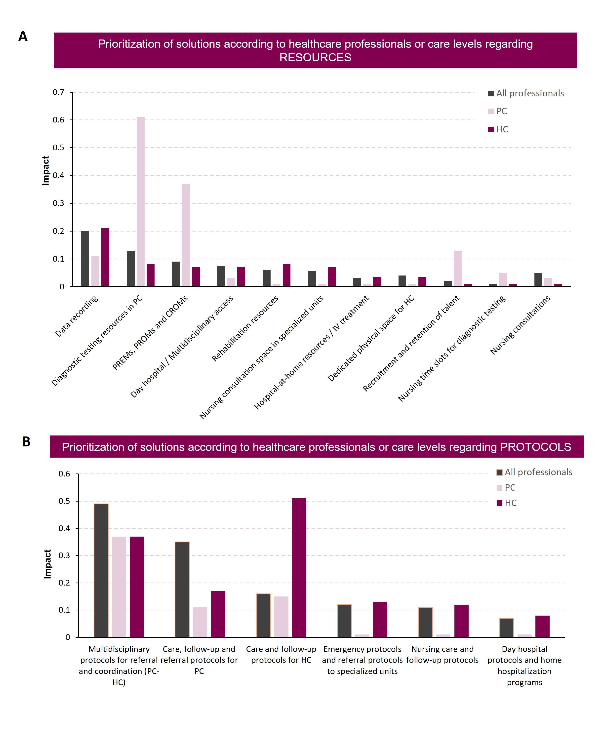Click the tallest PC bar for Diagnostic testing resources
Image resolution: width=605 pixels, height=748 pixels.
point(140,202)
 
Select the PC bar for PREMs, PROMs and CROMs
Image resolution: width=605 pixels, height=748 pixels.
point(186,235)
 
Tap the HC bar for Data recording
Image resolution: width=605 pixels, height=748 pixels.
point(105,257)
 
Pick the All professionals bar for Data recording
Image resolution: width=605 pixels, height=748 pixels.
point(85,259)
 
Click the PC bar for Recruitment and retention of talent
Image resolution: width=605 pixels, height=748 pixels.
point(458,269)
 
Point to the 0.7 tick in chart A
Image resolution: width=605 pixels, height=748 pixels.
point(59,92)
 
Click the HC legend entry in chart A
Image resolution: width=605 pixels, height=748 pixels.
point(498,129)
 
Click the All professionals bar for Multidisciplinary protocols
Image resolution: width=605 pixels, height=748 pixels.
point(101,570)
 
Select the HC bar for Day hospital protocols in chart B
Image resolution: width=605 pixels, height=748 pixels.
point(542,627)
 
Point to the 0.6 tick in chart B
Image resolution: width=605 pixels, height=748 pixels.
point(64,474)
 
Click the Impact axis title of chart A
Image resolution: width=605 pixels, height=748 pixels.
point(45,170)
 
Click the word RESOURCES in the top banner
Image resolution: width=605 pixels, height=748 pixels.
point(315,57)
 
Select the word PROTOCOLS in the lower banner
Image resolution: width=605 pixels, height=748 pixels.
point(536,447)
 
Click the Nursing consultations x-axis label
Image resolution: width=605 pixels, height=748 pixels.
point(520,325)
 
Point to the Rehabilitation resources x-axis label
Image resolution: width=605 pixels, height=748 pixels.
point(245,328)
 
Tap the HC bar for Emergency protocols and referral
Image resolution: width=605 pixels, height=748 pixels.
point(380,620)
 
